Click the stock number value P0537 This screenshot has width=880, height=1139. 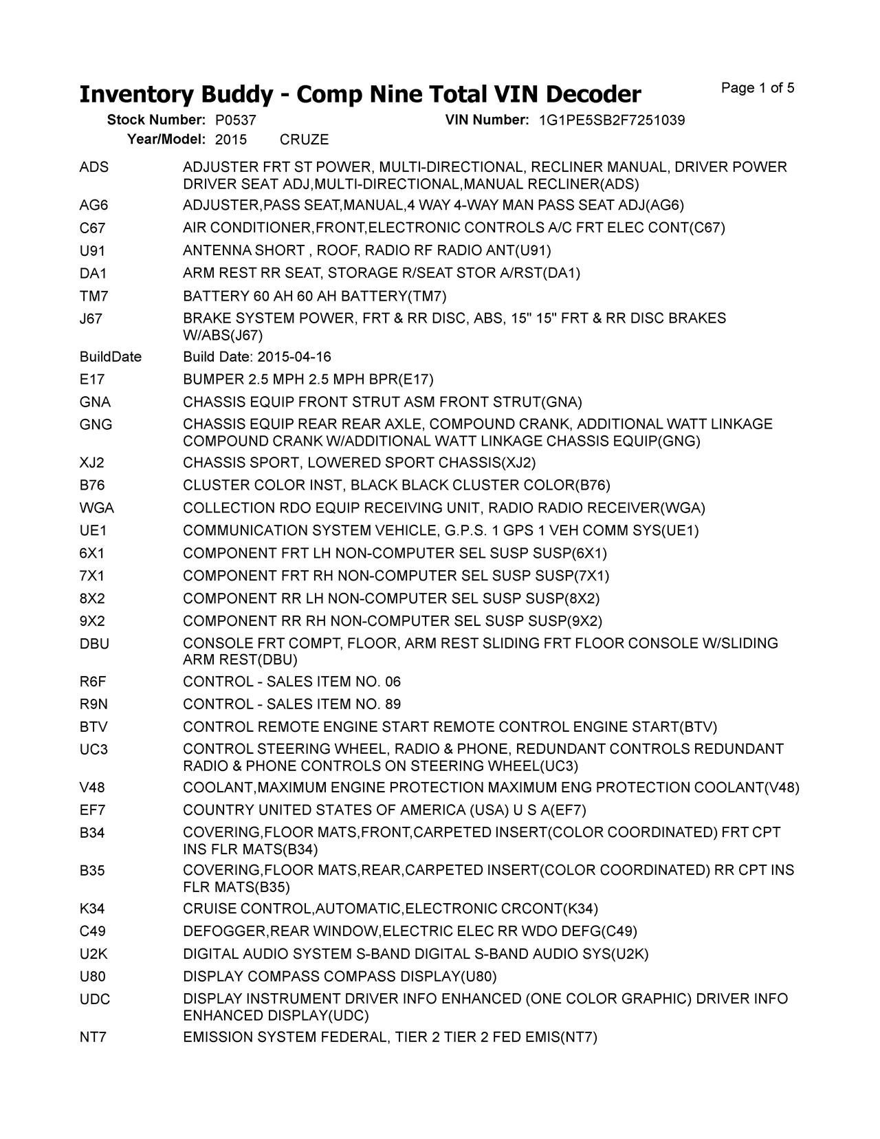coord(236,120)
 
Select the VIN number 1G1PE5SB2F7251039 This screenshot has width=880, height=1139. coord(612,120)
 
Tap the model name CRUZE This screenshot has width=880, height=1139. coord(305,140)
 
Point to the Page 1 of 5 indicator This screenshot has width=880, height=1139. coord(758,88)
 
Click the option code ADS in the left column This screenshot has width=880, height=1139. coord(94,168)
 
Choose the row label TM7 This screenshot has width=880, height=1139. coord(94,296)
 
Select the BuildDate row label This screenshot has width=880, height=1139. coord(111,357)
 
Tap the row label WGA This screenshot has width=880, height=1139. coord(97,508)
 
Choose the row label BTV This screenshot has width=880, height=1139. coord(93,728)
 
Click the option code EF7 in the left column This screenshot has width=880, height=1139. coord(93,810)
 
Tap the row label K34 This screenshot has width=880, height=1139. coord(92,909)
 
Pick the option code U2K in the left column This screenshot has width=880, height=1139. coord(93,955)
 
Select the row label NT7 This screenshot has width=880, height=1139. coord(93,1037)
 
